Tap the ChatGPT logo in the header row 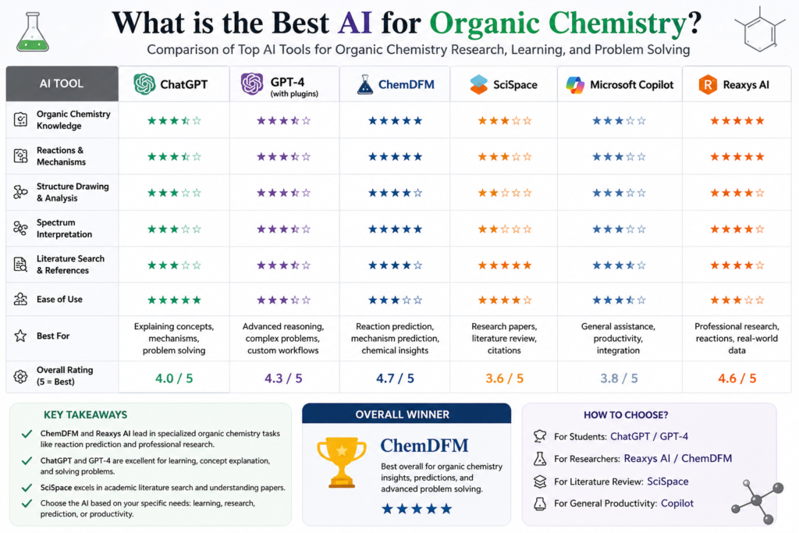144,84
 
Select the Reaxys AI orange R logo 708,84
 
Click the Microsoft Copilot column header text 631,84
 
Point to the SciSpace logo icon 478,84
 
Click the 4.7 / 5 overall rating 395,378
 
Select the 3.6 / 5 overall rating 505,378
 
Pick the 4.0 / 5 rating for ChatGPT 174,378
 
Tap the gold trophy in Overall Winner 342,462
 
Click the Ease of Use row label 59,299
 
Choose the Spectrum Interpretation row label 64,229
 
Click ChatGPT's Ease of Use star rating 174,300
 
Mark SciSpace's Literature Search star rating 505,265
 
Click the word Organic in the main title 484,23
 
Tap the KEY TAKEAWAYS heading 85,415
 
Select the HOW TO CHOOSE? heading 626,415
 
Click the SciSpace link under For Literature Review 668,481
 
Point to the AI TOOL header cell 62,84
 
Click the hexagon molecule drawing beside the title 760,30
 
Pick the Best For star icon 20,336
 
